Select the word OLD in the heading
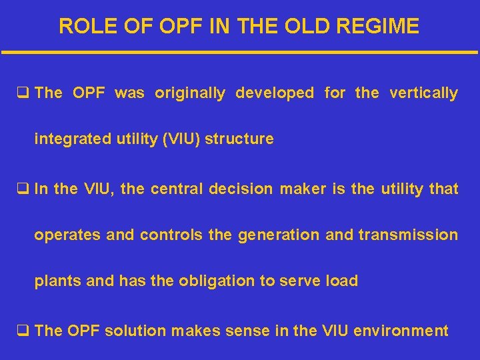coord(310,26)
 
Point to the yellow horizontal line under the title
coord(240,52)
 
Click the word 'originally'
coord(190,93)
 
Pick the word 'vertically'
coord(425,93)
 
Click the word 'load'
coord(343,281)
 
